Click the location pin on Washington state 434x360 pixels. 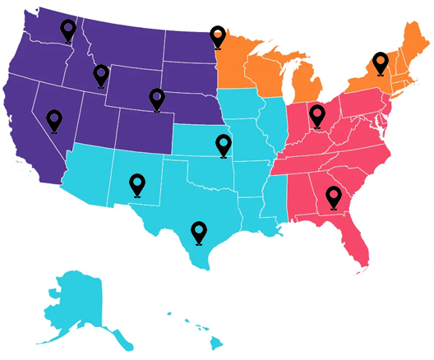(x=67, y=30)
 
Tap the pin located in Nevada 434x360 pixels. (x=54, y=119)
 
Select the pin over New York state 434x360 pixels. (x=380, y=62)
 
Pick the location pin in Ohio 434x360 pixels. (x=317, y=114)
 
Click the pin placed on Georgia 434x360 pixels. (x=333, y=196)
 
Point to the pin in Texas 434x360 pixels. (x=198, y=231)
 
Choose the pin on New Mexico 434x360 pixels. (x=137, y=184)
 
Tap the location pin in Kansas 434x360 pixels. (x=223, y=145)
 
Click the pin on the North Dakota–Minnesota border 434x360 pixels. (x=217, y=35)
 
